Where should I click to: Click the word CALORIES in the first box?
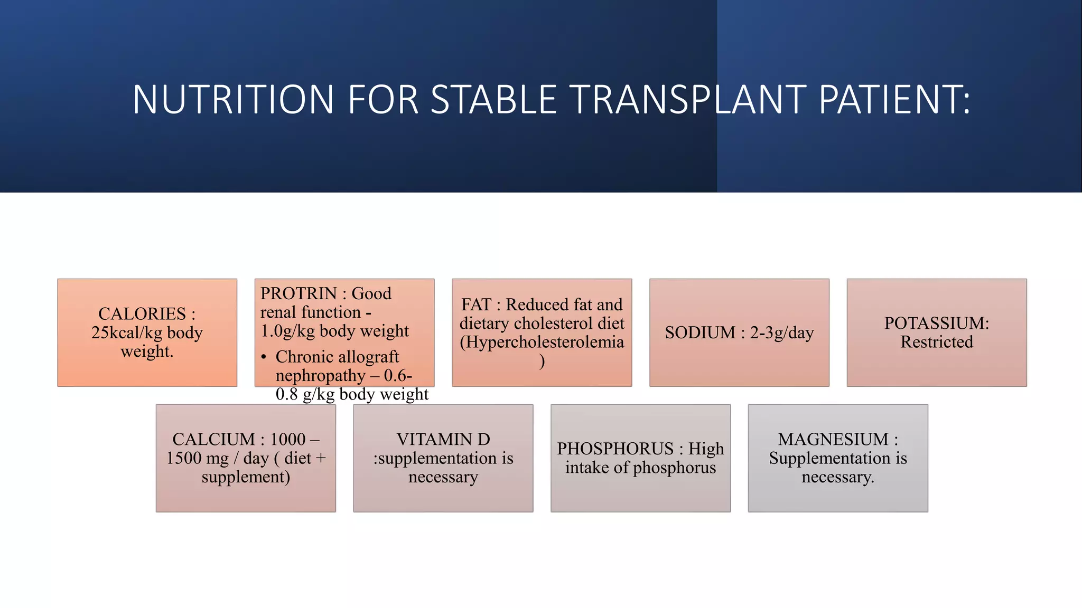point(142,314)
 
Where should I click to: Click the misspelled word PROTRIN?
point(299,293)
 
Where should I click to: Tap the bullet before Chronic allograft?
point(264,357)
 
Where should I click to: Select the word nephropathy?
point(320,376)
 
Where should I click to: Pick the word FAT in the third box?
point(476,305)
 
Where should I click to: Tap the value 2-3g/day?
point(782,332)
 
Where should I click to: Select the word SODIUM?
point(700,332)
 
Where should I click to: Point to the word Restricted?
point(937,342)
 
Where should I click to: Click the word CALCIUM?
point(213,439)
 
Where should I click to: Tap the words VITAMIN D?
point(443,439)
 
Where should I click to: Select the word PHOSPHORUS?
point(615,449)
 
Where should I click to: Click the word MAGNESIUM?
point(833,439)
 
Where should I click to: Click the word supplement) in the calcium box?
point(246,477)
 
